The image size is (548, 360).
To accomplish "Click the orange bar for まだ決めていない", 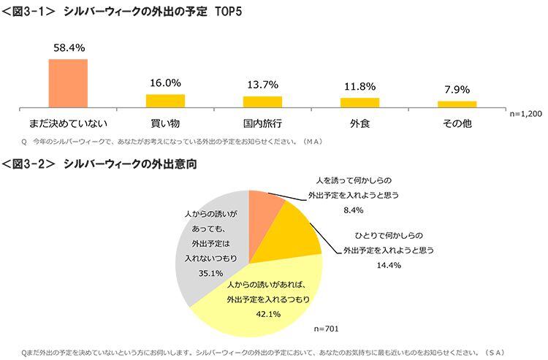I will pyautogui.click(x=68, y=83).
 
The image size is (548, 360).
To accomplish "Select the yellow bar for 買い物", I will pyautogui.click(x=165, y=101).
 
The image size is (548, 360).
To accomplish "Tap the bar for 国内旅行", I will pyautogui.click(x=262, y=102).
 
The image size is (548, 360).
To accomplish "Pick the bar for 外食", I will pyautogui.click(x=359, y=102).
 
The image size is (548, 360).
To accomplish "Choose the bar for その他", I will pyautogui.click(x=457, y=104).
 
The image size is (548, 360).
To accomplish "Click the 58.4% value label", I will pyautogui.click(x=68, y=47).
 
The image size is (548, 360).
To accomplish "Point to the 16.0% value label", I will pyautogui.click(x=165, y=83).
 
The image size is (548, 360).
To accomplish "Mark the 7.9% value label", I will pyautogui.click(x=457, y=90).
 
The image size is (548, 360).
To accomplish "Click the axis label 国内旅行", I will pyautogui.click(x=262, y=123).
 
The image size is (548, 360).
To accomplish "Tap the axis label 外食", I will pyautogui.click(x=359, y=123).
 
